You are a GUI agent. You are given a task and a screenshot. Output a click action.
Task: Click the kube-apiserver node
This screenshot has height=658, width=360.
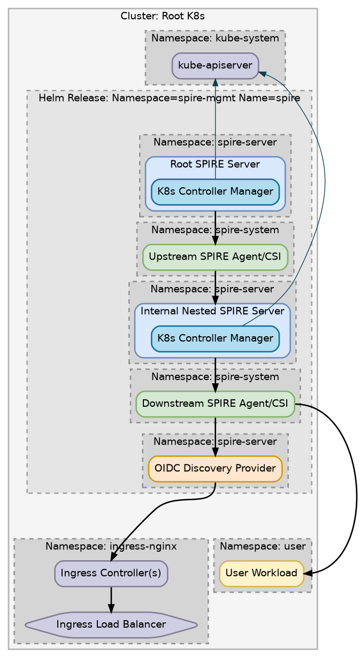click(x=215, y=66)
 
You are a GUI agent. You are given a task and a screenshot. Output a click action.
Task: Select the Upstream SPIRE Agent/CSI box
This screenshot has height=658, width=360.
click(x=215, y=257)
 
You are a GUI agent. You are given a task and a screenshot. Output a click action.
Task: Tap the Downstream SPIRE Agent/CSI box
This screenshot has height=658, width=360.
click(x=215, y=404)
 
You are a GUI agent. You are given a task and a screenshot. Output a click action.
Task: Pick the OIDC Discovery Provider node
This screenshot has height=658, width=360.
click(x=215, y=468)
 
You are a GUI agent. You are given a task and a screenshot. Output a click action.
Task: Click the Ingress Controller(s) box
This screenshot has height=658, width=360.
click(x=111, y=573)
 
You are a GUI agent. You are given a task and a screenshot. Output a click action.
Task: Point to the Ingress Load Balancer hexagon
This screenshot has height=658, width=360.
click(x=111, y=624)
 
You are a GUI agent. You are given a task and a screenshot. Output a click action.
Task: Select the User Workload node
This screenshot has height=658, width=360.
click(x=262, y=573)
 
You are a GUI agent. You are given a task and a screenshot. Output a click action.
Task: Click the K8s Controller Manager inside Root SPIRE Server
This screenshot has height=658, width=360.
click(x=215, y=192)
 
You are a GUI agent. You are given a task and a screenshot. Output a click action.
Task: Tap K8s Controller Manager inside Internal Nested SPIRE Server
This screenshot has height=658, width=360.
click(x=215, y=338)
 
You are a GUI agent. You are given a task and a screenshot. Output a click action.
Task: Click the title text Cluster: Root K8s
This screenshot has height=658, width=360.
click(x=163, y=16)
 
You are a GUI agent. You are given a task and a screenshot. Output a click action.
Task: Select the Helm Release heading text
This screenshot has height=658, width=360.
click(x=169, y=98)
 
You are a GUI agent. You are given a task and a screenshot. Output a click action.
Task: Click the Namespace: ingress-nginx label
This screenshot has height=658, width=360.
click(x=111, y=546)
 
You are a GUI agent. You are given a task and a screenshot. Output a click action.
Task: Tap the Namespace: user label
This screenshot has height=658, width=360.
click(x=263, y=546)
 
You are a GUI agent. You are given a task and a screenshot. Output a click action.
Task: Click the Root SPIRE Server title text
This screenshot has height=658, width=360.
click(x=215, y=164)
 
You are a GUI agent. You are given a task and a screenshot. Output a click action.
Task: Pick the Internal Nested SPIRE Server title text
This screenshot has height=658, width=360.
click(x=212, y=311)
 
